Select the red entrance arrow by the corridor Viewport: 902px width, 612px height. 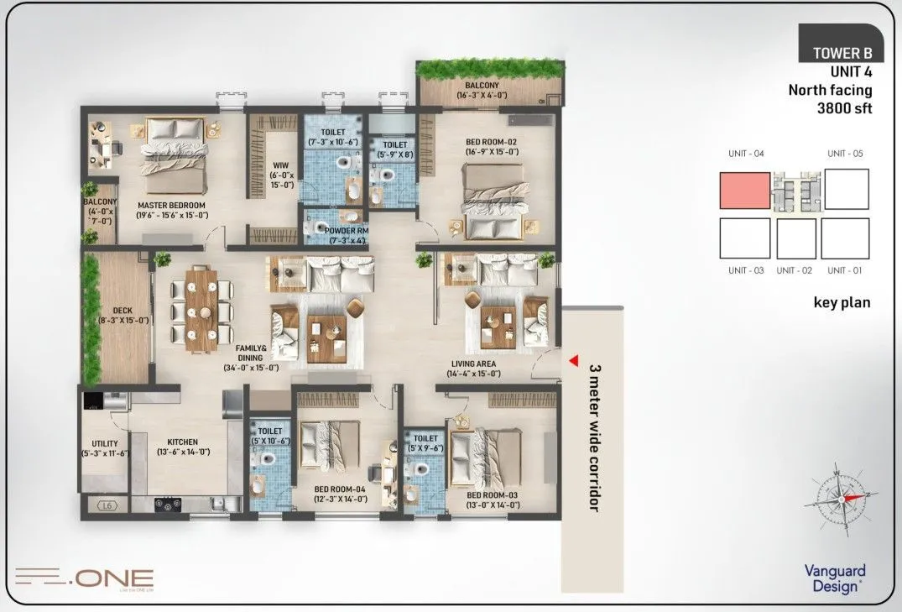click(x=574, y=360)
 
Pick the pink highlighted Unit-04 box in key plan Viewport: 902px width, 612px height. click(x=745, y=191)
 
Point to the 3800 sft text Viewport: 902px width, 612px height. click(x=839, y=107)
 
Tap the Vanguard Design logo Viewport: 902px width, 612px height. click(x=834, y=578)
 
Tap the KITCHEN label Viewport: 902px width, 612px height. click(x=182, y=447)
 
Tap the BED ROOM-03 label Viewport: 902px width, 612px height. click(x=492, y=500)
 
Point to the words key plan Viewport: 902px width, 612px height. click(x=842, y=303)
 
